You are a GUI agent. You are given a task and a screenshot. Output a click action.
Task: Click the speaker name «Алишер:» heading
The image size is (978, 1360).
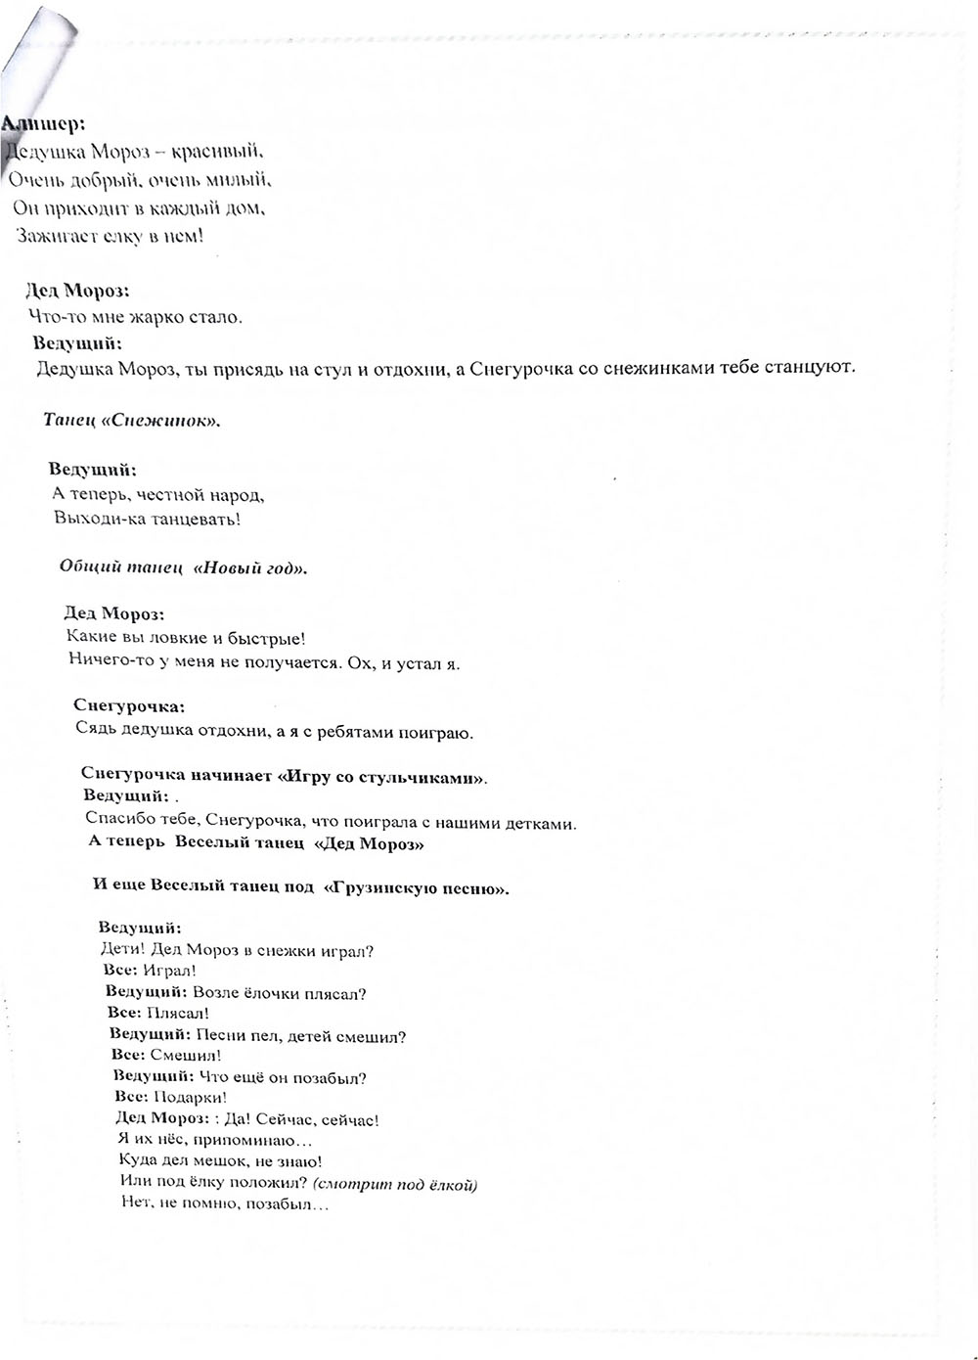point(43,123)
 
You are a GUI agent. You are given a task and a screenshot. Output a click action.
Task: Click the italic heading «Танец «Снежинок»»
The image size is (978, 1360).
point(132,421)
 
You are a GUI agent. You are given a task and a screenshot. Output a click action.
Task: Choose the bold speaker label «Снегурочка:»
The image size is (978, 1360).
point(129,705)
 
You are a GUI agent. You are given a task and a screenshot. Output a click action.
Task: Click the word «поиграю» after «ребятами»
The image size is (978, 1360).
point(440,731)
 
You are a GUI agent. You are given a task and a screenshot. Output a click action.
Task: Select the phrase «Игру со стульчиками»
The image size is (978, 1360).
point(381,779)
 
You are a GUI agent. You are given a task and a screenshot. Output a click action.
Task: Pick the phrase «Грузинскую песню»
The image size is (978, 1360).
point(420,888)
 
